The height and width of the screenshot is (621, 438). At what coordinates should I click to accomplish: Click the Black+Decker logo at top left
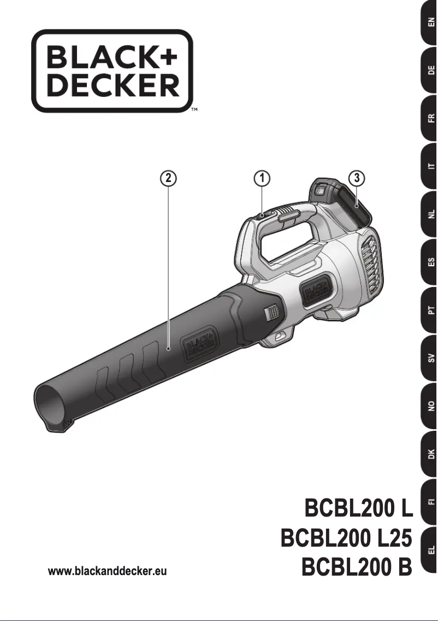tap(112, 71)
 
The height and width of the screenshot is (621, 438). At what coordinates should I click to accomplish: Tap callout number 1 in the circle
tap(263, 178)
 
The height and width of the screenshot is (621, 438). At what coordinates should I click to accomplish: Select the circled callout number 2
tap(168, 178)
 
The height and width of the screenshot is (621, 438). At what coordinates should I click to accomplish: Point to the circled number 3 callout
tap(357, 178)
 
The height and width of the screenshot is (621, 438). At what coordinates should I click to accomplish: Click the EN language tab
tap(431, 24)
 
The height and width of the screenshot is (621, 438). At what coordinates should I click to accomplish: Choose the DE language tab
tap(431, 71)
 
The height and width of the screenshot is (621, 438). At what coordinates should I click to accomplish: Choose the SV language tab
tap(431, 359)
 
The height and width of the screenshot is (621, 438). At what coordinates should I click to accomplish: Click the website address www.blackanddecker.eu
tap(108, 572)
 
